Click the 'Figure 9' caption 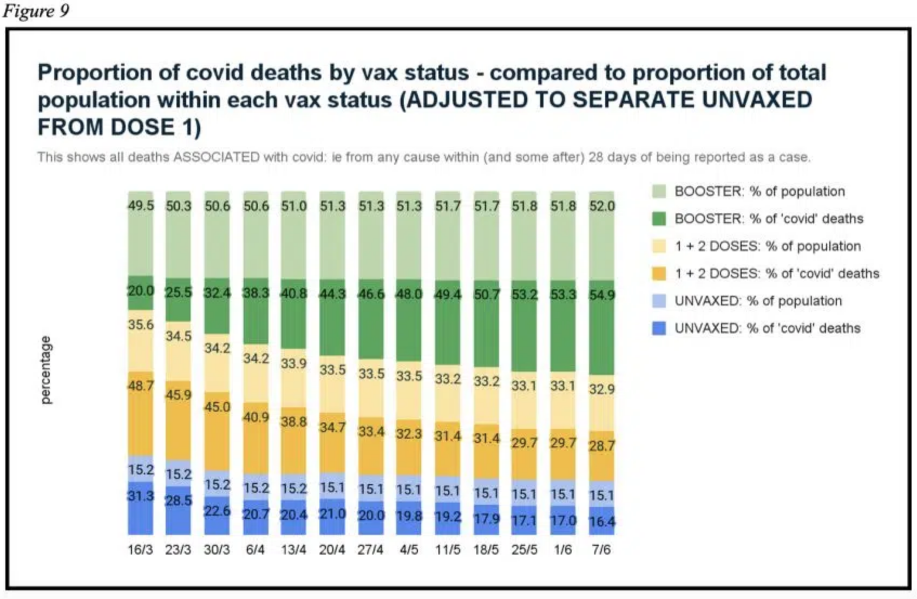coord(36,11)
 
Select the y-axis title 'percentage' coord(46,370)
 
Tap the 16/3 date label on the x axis coord(140,550)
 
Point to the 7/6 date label coord(601,550)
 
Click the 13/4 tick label coord(293,550)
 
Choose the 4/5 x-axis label coord(409,550)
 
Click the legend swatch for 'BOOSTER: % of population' coord(659,191)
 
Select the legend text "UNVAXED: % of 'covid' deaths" coord(767,328)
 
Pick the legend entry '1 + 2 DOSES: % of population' coord(767,246)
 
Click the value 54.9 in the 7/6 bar coord(602,295)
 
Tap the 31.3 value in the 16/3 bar coord(141,496)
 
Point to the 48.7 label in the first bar coord(141,386)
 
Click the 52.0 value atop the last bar coord(602,206)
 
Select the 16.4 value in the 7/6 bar coord(602,522)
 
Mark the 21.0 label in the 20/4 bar coord(332,513)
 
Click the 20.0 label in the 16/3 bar coord(141,291)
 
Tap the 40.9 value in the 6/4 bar coord(256,417)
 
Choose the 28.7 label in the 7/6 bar coord(602,446)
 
